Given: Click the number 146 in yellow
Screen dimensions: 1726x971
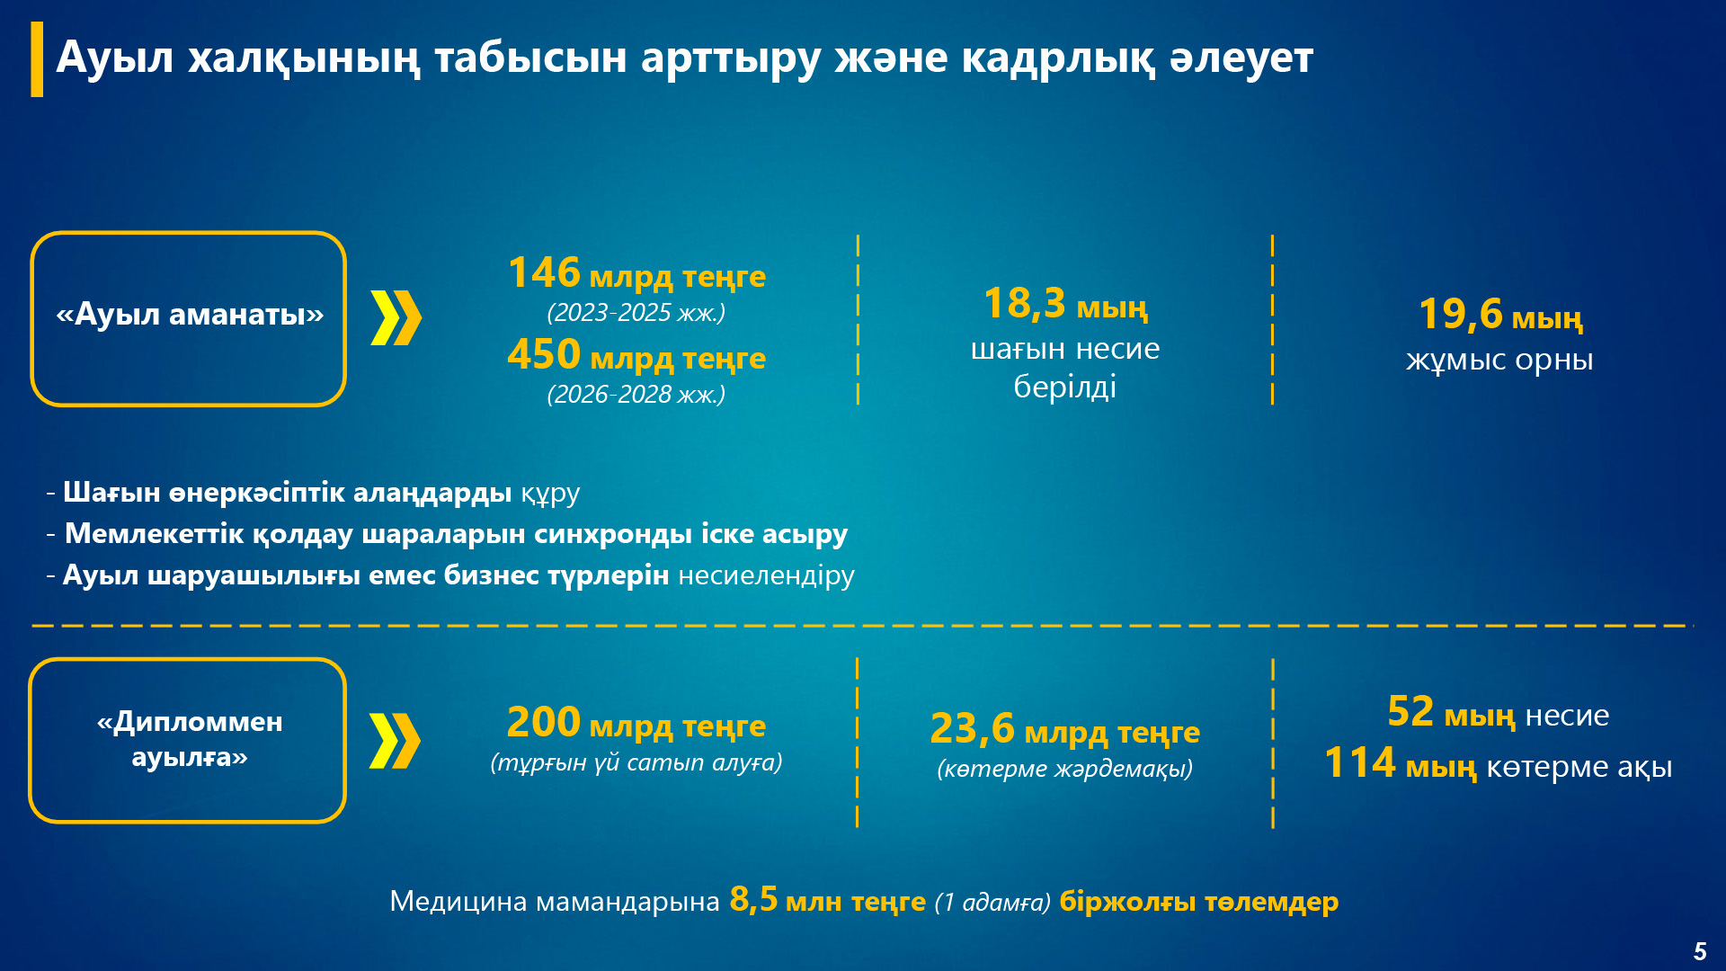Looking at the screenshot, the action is tap(544, 272).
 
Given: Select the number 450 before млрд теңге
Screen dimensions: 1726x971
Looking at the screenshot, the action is tap(544, 354).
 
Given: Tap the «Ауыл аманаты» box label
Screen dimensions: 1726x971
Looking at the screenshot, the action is tap(190, 314).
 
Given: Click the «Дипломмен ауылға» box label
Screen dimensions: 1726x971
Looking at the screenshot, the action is tap(190, 739).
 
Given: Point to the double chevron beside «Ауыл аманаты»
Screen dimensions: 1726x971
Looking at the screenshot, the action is tap(396, 318).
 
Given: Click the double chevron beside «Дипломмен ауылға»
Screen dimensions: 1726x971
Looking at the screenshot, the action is tap(395, 741).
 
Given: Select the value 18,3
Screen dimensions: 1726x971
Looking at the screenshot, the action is tap(1024, 303).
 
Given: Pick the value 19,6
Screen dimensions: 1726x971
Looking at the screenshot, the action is tap(1460, 314).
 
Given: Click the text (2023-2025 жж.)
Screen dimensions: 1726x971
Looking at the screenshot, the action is tap(636, 312).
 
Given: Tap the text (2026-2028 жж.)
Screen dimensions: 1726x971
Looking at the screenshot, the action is tap(636, 394).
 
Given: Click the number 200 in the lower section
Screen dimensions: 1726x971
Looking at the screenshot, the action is tap(544, 722).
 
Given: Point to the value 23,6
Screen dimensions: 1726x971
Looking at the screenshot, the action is tap(972, 728).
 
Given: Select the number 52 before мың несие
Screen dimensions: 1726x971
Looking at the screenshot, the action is tap(1410, 711).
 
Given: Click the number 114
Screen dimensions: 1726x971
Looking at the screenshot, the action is tap(1360, 762).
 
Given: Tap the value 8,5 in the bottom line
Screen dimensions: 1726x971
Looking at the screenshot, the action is tap(753, 899).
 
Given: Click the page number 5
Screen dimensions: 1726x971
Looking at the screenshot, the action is tap(1700, 951).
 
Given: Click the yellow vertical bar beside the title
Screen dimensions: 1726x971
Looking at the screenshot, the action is tap(37, 59).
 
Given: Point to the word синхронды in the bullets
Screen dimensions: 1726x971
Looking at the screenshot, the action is tap(613, 533).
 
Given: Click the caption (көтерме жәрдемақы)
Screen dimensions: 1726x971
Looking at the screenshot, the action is tap(1065, 769).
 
